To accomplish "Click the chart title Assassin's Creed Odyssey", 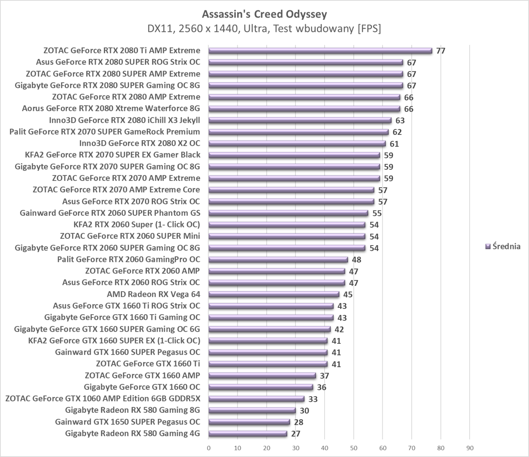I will (x=264, y=14).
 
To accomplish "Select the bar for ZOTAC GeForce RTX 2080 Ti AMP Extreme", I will (x=320, y=51).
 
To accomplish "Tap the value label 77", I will (x=441, y=51).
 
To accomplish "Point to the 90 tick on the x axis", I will (x=470, y=448).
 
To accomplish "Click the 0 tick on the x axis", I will (x=209, y=448).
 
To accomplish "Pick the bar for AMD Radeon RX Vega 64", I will (x=274, y=294).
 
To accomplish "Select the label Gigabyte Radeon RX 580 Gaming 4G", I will (x=132, y=433).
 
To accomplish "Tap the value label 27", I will (x=295, y=434).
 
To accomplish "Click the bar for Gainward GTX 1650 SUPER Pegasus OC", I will (x=249, y=422).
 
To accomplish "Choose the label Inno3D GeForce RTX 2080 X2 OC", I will (x=139, y=143).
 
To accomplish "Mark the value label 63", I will (x=400, y=120).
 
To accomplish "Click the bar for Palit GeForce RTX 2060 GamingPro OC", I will (x=278, y=259).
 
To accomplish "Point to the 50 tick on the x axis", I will (x=354, y=448).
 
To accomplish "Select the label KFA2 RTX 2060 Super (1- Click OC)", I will (x=136, y=224).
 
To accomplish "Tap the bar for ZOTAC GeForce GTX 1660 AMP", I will (x=262, y=375).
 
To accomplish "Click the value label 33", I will (x=313, y=399).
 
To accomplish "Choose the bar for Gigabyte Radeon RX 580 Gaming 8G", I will (x=252, y=410).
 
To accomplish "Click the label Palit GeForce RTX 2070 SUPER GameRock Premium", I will (x=105, y=132).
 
